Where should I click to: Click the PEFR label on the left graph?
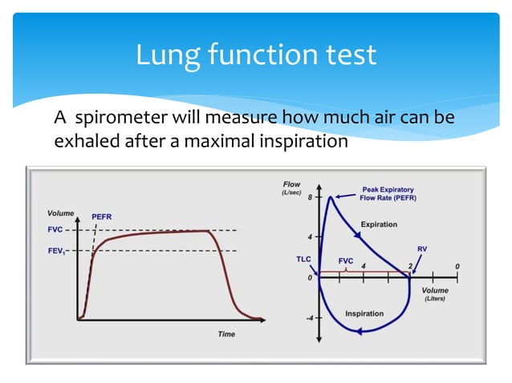pyautogui.click(x=102, y=216)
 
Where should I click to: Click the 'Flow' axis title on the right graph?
pyautogui.click(x=291, y=184)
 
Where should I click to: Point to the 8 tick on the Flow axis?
pyautogui.click(x=310, y=196)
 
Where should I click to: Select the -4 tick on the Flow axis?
pyautogui.click(x=308, y=318)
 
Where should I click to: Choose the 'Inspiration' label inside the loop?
pyautogui.click(x=364, y=313)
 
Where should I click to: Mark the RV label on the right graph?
pyautogui.click(x=422, y=249)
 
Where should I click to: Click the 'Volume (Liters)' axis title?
pyautogui.click(x=436, y=293)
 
